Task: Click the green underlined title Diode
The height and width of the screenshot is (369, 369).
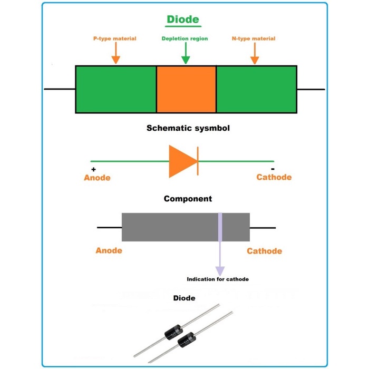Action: [183, 20]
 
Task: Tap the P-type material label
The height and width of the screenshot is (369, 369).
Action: [114, 38]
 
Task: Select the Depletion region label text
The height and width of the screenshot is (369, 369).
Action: [184, 38]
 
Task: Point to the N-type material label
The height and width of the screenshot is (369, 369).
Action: [254, 38]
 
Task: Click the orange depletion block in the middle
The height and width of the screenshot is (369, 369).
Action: [186, 89]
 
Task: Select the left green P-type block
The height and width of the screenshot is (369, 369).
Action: [116, 89]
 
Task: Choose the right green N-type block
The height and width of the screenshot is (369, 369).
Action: [256, 89]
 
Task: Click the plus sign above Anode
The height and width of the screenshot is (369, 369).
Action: [94, 169]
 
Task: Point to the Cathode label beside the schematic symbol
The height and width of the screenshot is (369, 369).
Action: [274, 177]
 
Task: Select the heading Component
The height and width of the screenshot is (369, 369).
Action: [188, 199]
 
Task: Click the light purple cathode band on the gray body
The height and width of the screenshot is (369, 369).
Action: [220, 227]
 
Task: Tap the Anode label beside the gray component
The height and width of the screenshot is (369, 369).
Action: [109, 251]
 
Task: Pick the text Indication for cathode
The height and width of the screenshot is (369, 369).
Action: [217, 279]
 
